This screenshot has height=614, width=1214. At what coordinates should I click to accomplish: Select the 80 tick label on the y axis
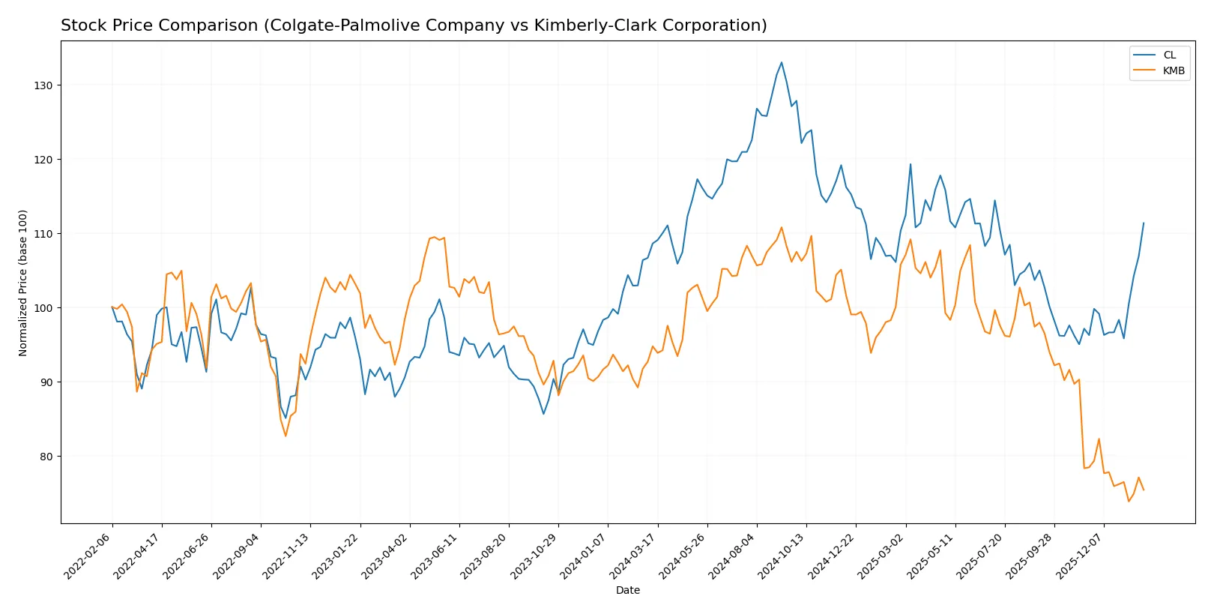pyautogui.click(x=46, y=457)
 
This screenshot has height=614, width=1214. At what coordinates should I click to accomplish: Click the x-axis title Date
pyautogui.click(x=627, y=591)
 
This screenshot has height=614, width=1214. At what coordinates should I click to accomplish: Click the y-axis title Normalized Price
pyautogui.click(x=23, y=283)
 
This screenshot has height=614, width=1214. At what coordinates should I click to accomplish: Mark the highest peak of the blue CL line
pyautogui.click(x=781, y=62)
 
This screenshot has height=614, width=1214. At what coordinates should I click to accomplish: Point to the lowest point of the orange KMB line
pyautogui.click(x=1129, y=502)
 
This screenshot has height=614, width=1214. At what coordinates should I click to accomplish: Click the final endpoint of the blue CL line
pyautogui.click(x=1144, y=223)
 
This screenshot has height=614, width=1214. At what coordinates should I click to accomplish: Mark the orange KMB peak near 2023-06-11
pyautogui.click(x=435, y=237)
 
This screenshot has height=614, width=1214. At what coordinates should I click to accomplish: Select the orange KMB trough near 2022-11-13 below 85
pyautogui.click(x=286, y=436)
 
